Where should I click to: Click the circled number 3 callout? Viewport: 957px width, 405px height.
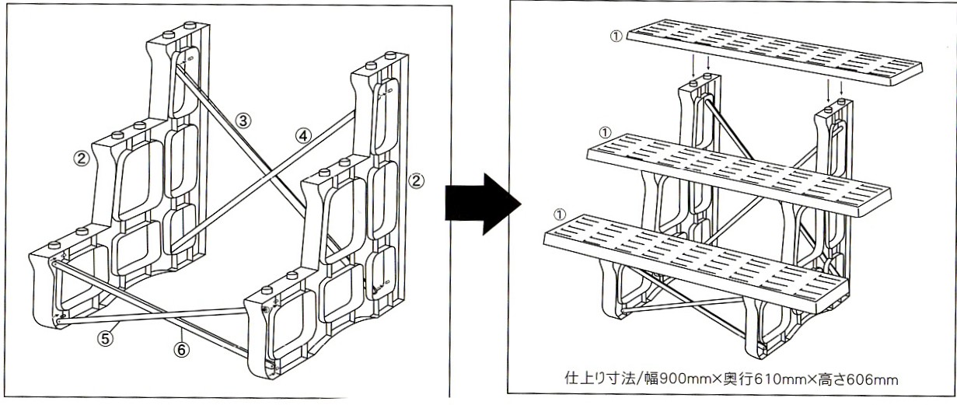coord(243,121)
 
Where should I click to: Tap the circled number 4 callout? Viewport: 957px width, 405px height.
coord(303,136)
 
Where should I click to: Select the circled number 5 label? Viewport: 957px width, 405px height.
coord(106,339)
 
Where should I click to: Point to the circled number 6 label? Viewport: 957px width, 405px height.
coord(181,350)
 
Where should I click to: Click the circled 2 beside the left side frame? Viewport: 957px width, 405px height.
coord(81,159)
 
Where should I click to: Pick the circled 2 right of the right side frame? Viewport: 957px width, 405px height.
coord(416,180)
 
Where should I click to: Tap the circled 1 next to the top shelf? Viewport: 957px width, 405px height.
coord(616,37)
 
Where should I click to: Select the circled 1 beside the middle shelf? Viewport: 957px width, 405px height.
coord(605,133)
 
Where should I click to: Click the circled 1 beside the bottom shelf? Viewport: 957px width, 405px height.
coord(559,214)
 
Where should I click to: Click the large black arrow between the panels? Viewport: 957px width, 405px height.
coord(483,204)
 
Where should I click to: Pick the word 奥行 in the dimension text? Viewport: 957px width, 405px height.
coord(742,379)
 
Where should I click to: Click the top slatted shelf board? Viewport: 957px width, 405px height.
coord(774,52)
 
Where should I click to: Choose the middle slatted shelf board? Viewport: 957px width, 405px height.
coord(739,175)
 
